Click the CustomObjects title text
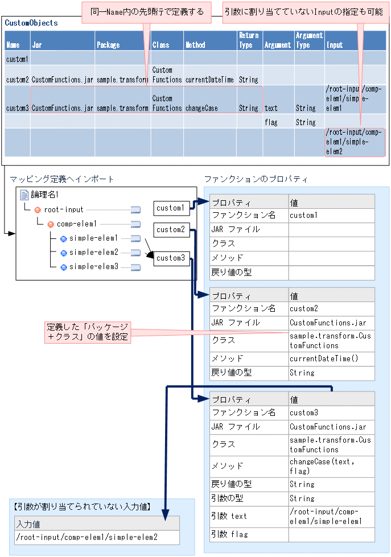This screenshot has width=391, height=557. coord(31,23)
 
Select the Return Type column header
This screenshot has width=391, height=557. coord(249,40)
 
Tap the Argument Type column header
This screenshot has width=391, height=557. coord(309,40)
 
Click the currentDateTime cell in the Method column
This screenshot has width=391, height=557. coord(209,80)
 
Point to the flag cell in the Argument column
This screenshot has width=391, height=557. coord(271,122)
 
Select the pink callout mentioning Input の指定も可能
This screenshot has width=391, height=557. coord(303,12)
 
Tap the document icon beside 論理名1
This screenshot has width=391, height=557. coord(24,195)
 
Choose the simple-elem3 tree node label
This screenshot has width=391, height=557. coord(94,267)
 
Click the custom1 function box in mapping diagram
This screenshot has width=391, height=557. coord(170,208)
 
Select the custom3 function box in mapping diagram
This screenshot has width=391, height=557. coord(170,258)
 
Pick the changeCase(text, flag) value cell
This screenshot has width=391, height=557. coord(322,466)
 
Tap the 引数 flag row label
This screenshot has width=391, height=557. coord(229,534)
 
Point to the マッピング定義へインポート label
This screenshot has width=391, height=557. coord(62,179)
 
